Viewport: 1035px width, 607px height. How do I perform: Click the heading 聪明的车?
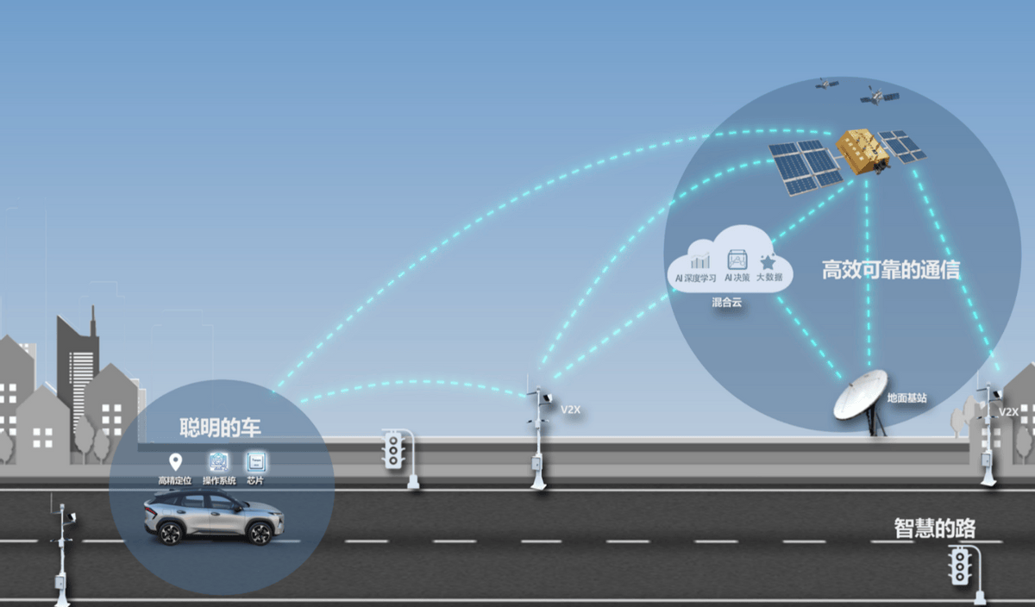220,428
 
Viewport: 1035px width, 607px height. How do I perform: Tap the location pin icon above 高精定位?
175,461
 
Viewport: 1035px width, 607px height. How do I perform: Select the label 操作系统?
219,480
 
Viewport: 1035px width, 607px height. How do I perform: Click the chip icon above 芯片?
256,461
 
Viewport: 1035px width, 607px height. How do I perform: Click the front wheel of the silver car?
260,532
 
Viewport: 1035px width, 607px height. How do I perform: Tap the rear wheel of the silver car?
170,532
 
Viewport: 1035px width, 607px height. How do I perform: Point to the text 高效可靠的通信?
890,269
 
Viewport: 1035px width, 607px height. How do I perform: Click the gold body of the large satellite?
862,151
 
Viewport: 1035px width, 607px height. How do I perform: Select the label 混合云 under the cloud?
726,303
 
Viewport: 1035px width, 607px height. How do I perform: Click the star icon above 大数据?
768,261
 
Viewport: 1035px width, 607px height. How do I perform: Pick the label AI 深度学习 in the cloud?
695,278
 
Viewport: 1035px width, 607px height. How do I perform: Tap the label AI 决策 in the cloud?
737,278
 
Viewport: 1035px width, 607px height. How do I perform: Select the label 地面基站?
906,397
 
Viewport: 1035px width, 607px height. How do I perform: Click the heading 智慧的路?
934,528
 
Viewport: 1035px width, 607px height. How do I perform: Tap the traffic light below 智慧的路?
960,565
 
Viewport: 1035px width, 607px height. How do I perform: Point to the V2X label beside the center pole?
570,410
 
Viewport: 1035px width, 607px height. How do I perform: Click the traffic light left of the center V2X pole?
393,448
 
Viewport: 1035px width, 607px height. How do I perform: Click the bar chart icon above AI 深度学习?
700,261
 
